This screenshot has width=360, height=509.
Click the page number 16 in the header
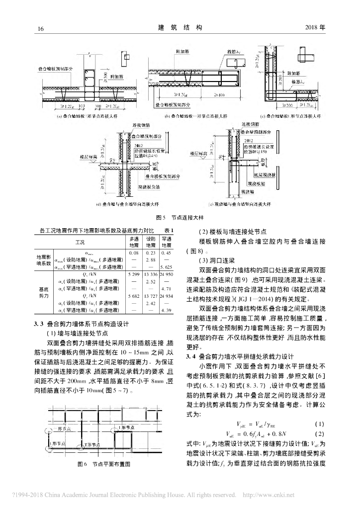(41, 28)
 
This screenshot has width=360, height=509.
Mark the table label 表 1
(168, 231)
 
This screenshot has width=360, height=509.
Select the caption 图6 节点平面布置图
(103, 463)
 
